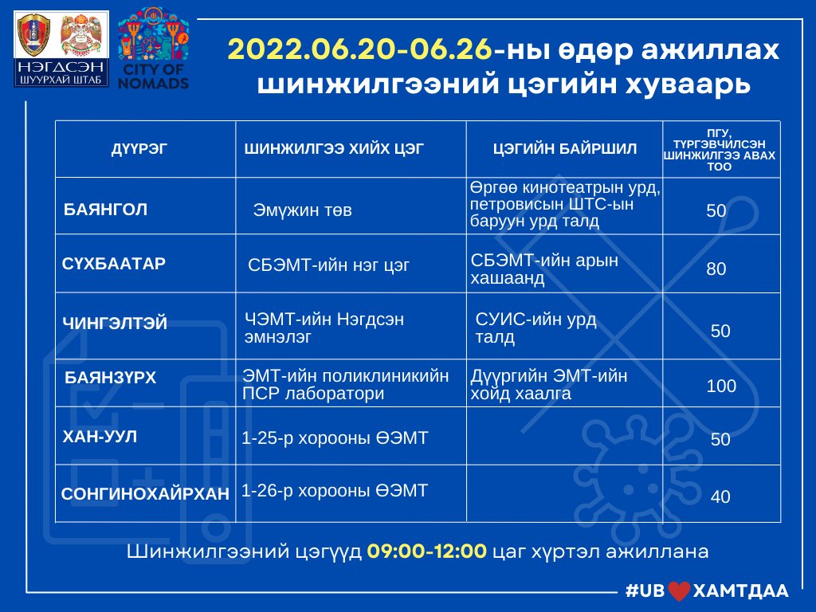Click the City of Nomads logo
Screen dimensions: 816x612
(x=153, y=49)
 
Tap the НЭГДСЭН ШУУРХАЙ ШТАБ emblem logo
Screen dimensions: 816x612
(x=61, y=49)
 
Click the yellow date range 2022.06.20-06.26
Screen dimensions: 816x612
(x=359, y=50)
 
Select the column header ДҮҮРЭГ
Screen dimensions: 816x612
(x=139, y=149)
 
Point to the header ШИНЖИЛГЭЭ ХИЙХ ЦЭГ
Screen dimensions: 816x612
(x=334, y=149)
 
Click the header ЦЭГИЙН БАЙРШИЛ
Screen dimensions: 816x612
(x=565, y=149)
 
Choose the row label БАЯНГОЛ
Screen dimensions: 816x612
(x=106, y=210)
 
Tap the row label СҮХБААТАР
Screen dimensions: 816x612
(x=113, y=264)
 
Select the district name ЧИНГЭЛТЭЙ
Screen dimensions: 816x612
(x=115, y=324)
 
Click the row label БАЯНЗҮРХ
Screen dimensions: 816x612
(x=110, y=377)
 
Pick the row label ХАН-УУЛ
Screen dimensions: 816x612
(x=100, y=436)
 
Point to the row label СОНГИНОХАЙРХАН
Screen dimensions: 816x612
(x=145, y=493)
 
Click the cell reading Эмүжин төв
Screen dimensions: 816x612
(x=302, y=210)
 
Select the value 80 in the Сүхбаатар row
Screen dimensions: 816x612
(x=716, y=269)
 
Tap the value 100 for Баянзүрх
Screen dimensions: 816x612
(x=721, y=386)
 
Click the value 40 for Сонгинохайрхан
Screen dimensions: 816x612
(x=720, y=496)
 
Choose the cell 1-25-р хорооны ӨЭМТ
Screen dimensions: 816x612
(x=335, y=437)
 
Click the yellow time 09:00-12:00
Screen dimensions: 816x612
(x=427, y=551)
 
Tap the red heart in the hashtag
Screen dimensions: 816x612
(x=679, y=591)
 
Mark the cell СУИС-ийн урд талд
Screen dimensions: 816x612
(x=535, y=328)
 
